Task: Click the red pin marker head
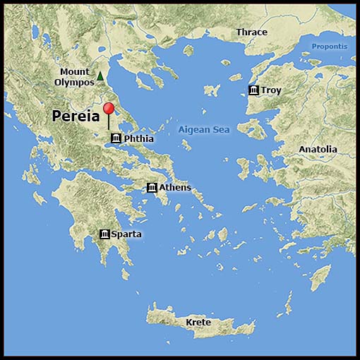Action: [108, 108]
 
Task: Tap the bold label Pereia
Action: [75, 117]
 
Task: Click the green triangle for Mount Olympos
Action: [100, 76]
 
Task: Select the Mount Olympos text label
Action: [74, 77]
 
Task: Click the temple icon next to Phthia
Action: [116, 138]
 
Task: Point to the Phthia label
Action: [138, 139]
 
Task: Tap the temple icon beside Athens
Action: [152, 187]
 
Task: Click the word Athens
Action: [174, 187]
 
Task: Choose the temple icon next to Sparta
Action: [104, 234]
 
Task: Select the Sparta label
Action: [126, 234]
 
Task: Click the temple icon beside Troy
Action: [253, 90]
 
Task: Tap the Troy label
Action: [271, 90]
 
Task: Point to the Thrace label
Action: [252, 32]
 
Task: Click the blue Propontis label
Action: [330, 47]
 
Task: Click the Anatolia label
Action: [318, 150]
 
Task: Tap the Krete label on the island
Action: [198, 323]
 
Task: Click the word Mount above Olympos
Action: [74, 71]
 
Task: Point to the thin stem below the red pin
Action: [108, 123]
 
